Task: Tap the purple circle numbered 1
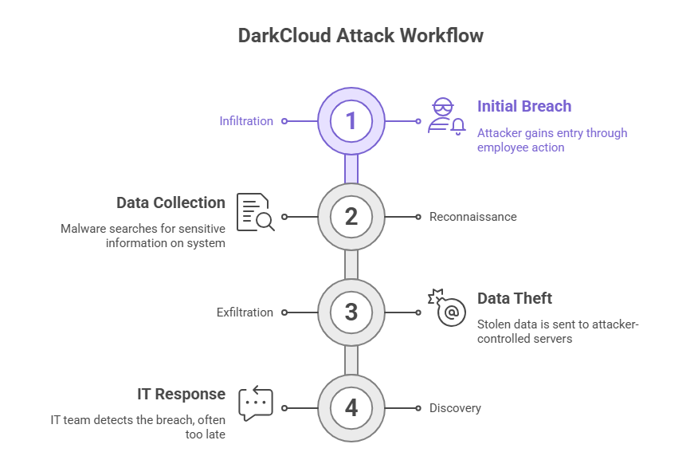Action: tap(351, 121)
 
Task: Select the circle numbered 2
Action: tap(351, 217)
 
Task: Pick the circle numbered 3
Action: tap(351, 312)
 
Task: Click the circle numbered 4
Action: tap(351, 408)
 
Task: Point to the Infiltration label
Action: tap(246, 121)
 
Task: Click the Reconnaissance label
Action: tap(472, 217)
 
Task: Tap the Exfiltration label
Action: tap(245, 312)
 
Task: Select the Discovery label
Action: tap(455, 408)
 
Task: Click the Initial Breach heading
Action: tap(523, 106)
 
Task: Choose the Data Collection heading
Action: tap(171, 202)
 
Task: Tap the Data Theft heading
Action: tap(515, 298)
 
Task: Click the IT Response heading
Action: tap(181, 394)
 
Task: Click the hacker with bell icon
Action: tap(445, 116)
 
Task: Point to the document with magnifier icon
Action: tap(255, 212)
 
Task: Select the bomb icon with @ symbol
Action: tap(447, 309)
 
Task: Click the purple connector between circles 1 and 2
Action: tap(351, 168)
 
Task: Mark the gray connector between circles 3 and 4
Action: tap(351, 360)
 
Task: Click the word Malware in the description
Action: tap(83, 229)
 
